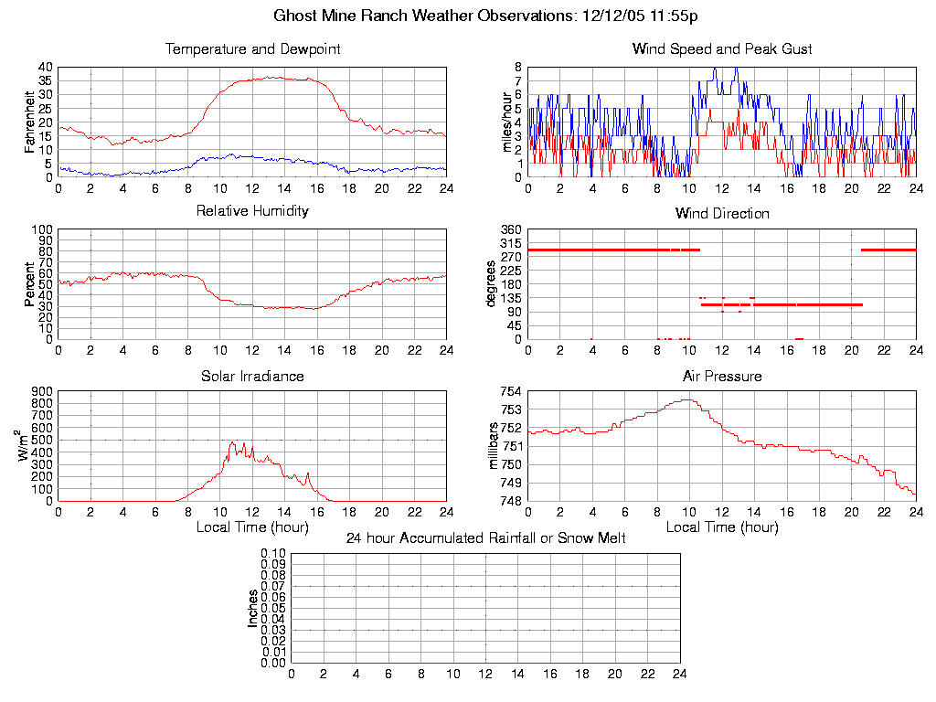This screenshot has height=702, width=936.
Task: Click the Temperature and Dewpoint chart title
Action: point(253,49)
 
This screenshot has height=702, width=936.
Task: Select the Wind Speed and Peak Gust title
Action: point(722,49)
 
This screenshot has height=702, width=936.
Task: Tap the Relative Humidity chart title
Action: point(253,211)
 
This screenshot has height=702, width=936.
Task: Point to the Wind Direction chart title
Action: point(722,214)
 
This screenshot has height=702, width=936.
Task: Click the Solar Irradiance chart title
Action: point(253,376)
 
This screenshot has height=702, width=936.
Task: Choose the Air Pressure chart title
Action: point(722,376)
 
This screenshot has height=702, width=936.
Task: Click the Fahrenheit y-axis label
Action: point(30,122)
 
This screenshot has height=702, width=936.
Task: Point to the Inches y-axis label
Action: point(253,608)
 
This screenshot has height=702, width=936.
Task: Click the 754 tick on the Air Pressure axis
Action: point(509,391)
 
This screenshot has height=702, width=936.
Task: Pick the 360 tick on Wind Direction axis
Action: point(509,229)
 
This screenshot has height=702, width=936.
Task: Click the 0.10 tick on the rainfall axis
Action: point(273,553)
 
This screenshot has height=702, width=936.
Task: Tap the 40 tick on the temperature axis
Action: point(44,68)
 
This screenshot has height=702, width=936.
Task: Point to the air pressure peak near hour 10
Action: point(687,399)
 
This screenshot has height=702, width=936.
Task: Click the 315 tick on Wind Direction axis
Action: point(509,243)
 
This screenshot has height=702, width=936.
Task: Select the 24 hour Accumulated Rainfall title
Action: point(485,538)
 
